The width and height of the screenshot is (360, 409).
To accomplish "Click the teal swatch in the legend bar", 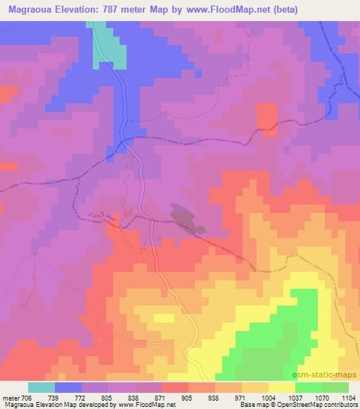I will (41, 387).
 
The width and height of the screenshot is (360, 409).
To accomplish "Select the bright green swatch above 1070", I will (309, 387).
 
